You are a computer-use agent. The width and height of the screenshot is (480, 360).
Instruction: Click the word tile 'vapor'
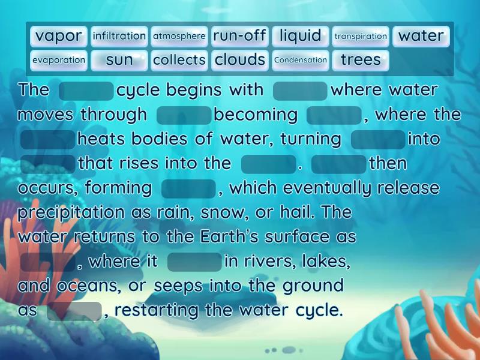pos(59,36)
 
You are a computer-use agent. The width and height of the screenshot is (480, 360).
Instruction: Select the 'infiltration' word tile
pos(119,36)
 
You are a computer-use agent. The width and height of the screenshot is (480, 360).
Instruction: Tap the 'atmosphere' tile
pos(179,36)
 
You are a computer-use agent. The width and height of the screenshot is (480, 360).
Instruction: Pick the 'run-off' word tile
pos(239,36)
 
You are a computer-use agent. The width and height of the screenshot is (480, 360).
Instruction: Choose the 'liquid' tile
pos(300,36)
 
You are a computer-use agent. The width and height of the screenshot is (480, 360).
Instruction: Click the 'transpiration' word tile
pos(361,36)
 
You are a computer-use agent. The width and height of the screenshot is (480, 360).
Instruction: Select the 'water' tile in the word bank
pos(421,36)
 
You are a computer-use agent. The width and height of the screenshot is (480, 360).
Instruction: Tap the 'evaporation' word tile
pos(59,60)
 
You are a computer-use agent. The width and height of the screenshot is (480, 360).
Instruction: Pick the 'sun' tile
pos(119,60)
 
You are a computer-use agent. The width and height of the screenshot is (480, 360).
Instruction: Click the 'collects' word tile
pos(179,60)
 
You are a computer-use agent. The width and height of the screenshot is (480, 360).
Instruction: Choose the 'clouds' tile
pos(239,60)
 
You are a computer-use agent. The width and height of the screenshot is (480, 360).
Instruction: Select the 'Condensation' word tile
pos(300,60)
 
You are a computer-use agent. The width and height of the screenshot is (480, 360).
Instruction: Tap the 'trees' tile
pos(361,60)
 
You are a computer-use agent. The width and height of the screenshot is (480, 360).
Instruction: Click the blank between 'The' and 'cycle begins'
pos(86,91)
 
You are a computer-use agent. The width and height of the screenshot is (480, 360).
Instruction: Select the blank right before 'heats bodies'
pos(48,140)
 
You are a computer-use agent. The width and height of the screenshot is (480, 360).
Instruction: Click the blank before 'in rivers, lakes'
pos(195,262)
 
